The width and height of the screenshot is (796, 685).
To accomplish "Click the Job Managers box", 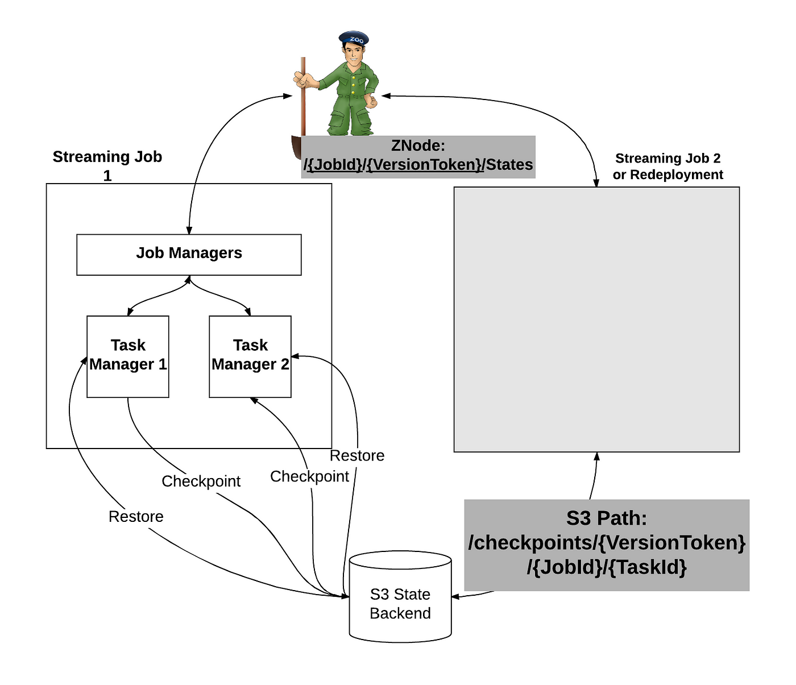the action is [x=189, y=255].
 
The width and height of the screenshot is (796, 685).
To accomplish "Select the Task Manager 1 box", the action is [x=128, y=356].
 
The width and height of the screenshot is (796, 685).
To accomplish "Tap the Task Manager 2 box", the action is [x=250, y=356].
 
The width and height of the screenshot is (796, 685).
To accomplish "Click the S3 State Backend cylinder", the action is [x=400, y=596].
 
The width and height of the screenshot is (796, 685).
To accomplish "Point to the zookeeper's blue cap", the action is [x=354, y=38].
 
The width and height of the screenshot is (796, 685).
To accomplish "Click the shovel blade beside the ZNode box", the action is [x=297, y=147].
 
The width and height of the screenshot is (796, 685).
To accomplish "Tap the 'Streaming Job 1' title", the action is [x=107, y=166].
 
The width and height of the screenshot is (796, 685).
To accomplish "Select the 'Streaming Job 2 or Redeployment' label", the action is [x=668, y=167].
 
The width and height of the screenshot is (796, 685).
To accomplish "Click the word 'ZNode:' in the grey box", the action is [x=418, y=146].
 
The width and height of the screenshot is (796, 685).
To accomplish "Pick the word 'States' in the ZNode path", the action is [x=509, y=164].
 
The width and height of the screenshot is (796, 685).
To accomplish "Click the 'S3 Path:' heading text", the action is [x=607, y=518].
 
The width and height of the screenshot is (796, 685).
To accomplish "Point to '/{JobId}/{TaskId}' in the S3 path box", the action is [x=607, y=567].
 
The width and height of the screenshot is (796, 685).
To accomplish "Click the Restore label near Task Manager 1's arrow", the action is [x=136, y=516].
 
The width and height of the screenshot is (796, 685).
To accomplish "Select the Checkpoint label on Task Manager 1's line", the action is [x=201, y=481].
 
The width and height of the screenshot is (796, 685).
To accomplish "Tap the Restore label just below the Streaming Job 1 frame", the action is [x=357, y=455].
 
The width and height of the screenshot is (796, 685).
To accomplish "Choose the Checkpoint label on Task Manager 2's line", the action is [x=309, y=477].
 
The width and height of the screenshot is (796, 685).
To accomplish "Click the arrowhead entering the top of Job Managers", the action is [x=189, y=230].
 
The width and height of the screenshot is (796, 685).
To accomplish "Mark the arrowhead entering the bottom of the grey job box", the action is [x=596, y=456].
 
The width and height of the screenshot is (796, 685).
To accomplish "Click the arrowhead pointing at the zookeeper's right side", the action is [x=386, y=96].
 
